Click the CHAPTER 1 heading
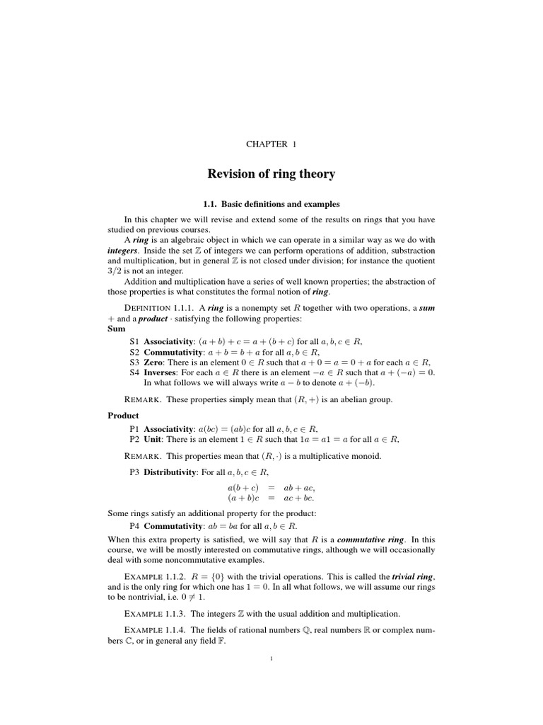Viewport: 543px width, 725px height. [271, 144]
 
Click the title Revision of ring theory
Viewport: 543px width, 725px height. [271, 173]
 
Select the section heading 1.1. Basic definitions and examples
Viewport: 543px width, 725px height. [271, 204]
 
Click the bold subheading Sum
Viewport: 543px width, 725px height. [116, 329]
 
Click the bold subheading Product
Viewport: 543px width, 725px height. [123, 416]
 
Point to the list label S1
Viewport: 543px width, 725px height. [134, 341]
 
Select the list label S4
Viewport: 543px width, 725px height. [134, 372]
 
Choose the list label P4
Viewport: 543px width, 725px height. [134, 526]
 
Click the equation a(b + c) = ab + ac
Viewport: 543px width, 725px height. [271, 488]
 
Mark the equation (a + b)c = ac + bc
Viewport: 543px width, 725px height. [271, 498]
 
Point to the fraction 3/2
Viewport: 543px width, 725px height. [117, 270]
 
